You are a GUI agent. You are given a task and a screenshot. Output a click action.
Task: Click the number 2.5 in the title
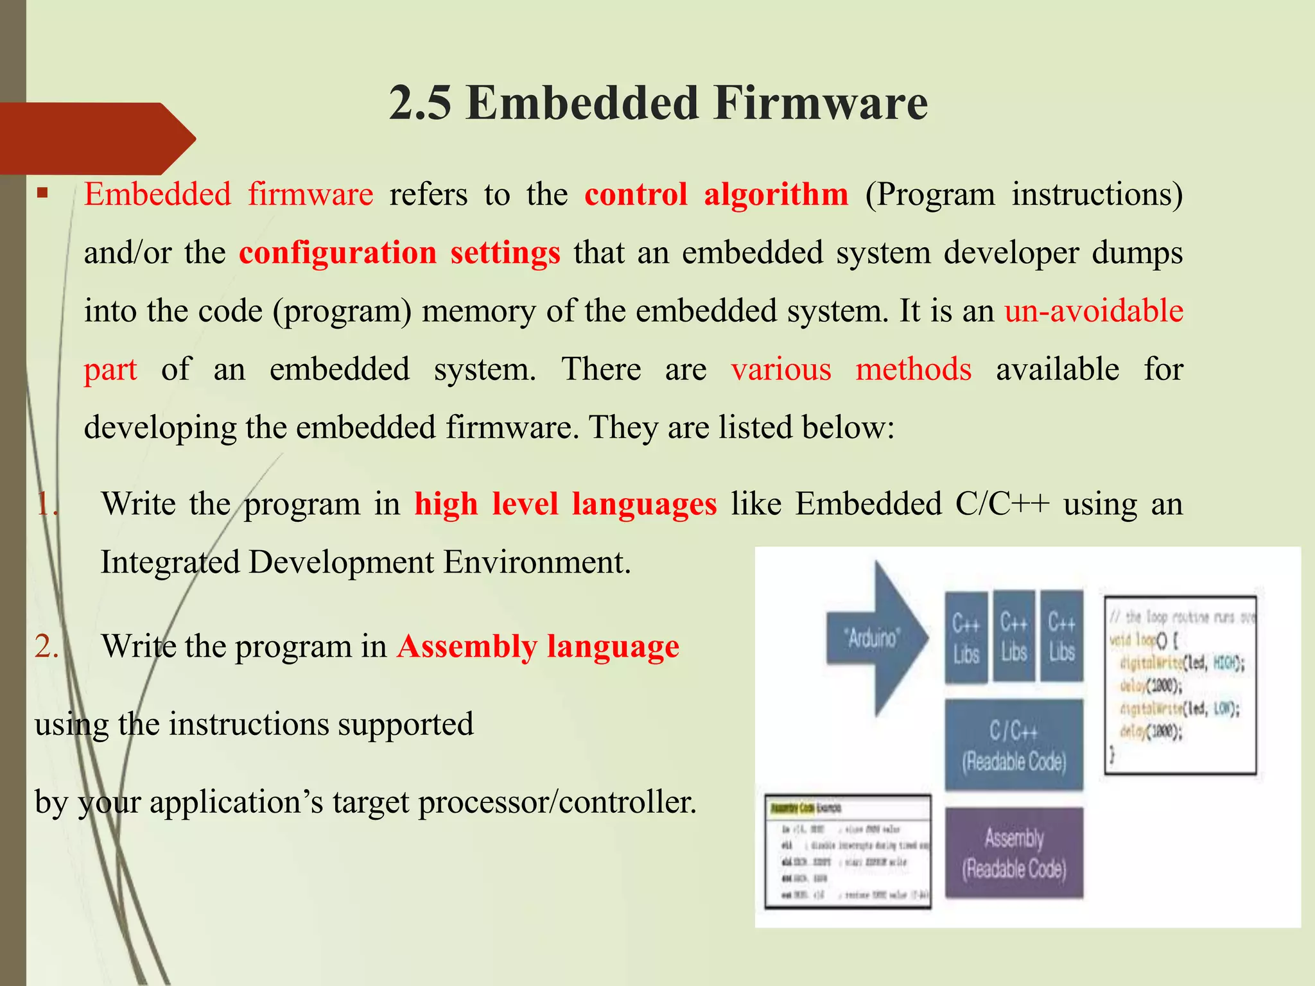421,103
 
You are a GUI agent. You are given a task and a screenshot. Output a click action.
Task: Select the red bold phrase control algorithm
716,195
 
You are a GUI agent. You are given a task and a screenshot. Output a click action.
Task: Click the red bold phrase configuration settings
399,253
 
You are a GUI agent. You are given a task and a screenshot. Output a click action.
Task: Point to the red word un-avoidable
1093,311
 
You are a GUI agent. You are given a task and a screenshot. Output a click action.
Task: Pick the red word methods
913,370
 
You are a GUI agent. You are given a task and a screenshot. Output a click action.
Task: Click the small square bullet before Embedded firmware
43,193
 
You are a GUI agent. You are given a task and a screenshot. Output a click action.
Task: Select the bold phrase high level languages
565,504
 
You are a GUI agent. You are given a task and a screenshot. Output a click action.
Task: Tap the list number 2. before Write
46,646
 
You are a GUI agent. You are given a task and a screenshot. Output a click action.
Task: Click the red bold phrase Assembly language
537,646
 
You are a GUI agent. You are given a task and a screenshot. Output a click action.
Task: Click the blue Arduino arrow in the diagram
877,637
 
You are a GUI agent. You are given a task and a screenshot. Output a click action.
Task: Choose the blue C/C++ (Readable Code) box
1014,745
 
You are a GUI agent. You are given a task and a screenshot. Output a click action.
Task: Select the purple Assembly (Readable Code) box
1014,852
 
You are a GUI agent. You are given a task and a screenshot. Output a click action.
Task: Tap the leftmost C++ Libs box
966,637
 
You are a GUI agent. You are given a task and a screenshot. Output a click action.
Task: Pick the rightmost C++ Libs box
1061,636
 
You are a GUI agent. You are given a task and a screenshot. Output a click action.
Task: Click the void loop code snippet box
1180,684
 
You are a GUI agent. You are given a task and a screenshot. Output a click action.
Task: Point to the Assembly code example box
848,851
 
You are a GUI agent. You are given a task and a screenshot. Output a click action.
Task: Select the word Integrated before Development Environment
170,563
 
